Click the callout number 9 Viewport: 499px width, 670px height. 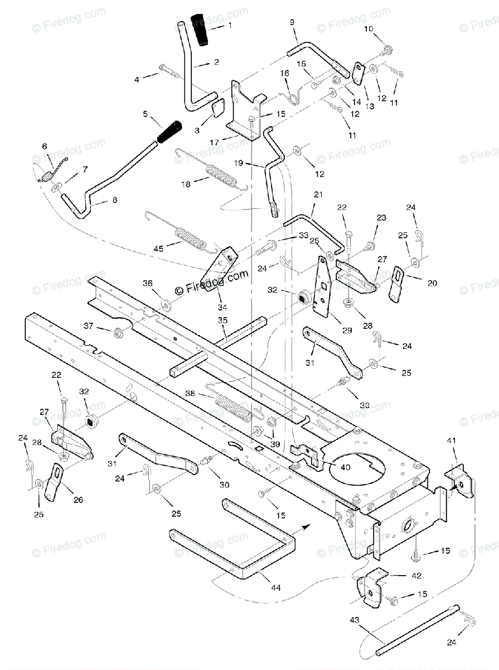click(292, 22)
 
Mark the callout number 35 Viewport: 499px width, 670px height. click(222, 320)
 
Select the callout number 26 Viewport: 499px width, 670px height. click(79, 500)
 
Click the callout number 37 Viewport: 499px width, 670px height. click(88, 326)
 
